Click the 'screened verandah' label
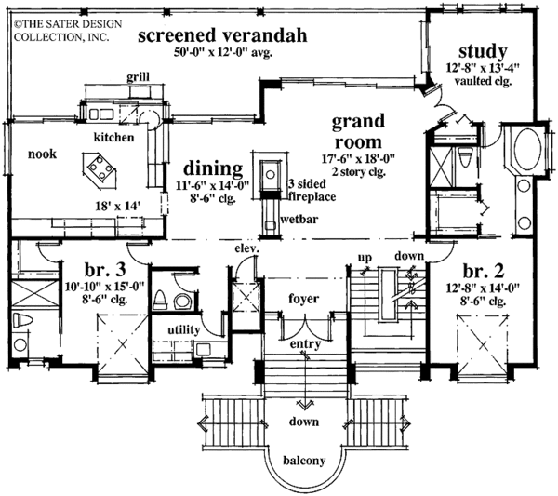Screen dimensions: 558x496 222,35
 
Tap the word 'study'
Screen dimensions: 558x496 483,51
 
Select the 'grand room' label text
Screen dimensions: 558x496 358,131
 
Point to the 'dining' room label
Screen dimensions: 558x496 213,168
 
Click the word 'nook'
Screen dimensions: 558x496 43,154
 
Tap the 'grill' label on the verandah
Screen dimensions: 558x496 138,77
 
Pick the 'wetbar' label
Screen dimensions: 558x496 299,219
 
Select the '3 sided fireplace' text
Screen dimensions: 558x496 312,190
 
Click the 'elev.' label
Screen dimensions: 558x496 246,248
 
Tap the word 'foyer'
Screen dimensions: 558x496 303,299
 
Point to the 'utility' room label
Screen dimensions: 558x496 183,330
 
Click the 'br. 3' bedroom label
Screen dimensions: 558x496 105,270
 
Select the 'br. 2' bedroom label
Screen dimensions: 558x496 484,271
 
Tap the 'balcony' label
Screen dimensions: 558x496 304,461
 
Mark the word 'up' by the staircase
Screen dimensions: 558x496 365,258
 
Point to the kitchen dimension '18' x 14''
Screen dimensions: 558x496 117,206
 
